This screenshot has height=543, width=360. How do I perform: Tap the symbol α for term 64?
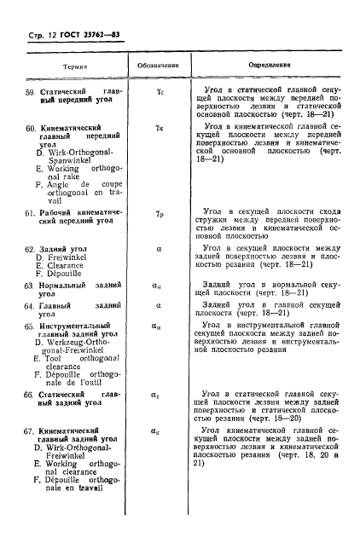coord(158,303)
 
